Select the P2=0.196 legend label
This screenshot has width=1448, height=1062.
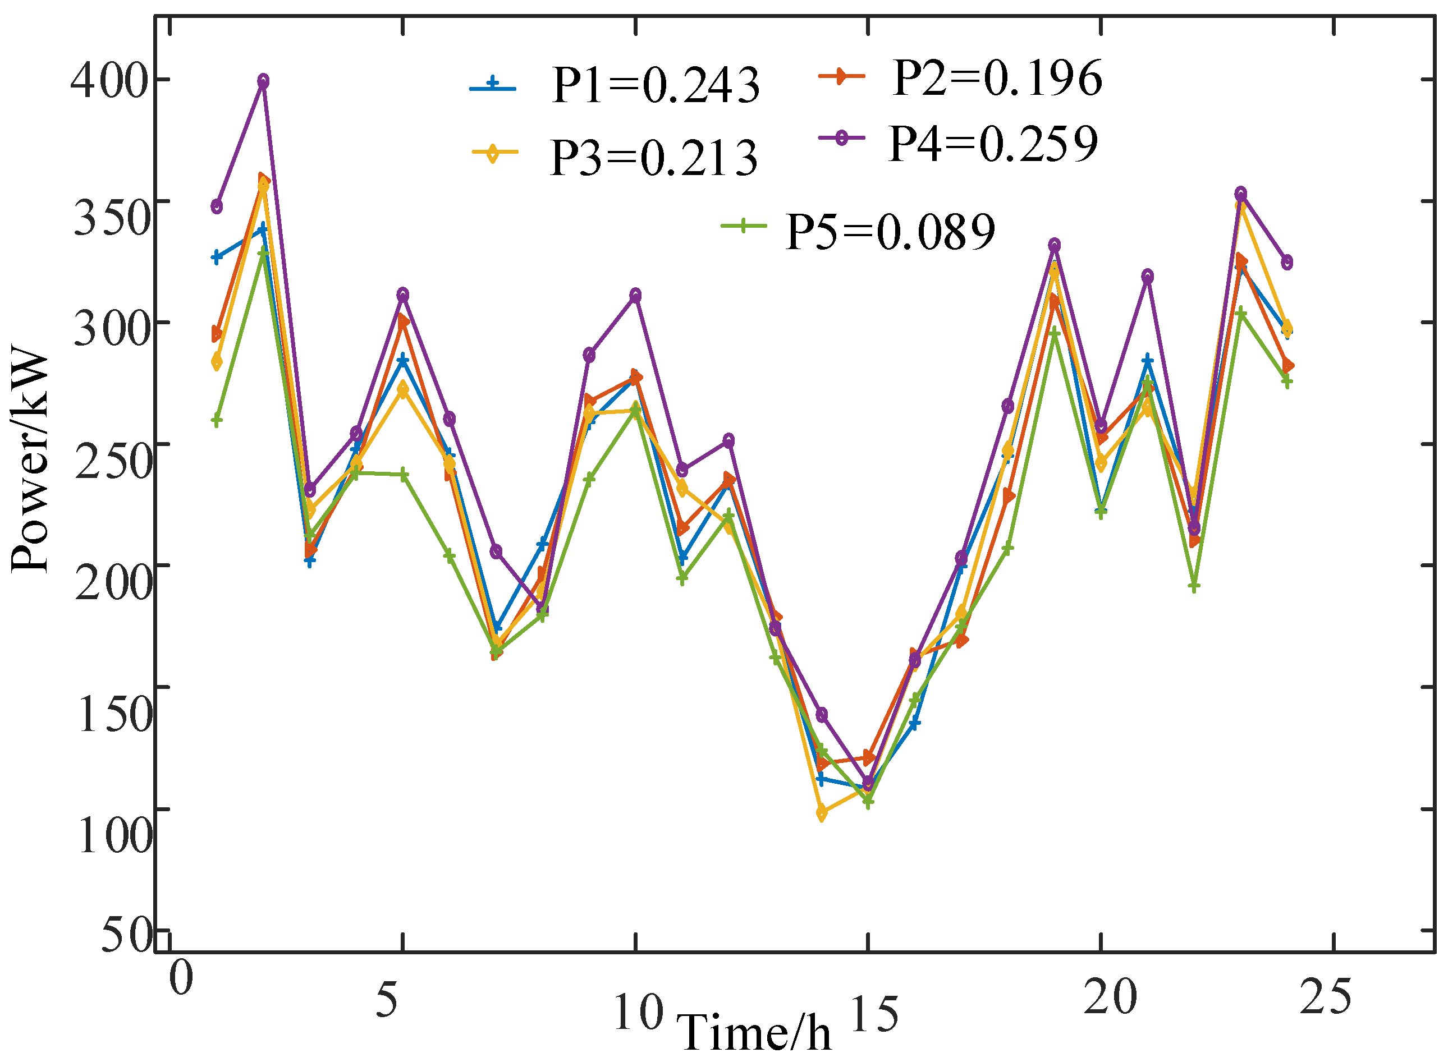[x=997, y=79]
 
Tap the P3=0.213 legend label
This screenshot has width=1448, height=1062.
[x=654, y=158]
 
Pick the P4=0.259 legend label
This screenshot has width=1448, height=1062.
[x=993, y=144]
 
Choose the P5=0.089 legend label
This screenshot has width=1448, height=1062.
[x=891, y=232]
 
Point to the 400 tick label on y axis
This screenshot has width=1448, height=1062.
[x=109, y=82]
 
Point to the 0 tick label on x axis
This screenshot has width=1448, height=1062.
[x=181, y=978]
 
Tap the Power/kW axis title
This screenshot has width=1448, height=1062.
[x=30, y=459]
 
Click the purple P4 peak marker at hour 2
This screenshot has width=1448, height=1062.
[x=263, y=81]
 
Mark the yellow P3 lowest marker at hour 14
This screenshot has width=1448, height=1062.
[x=821, y=813]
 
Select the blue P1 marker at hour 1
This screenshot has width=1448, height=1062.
[x=217, y=257]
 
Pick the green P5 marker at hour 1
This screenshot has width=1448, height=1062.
[x=217, y=420]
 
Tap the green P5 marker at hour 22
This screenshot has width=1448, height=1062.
[x=1193, y=586]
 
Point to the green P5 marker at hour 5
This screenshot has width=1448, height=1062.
[x=402, y=475]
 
